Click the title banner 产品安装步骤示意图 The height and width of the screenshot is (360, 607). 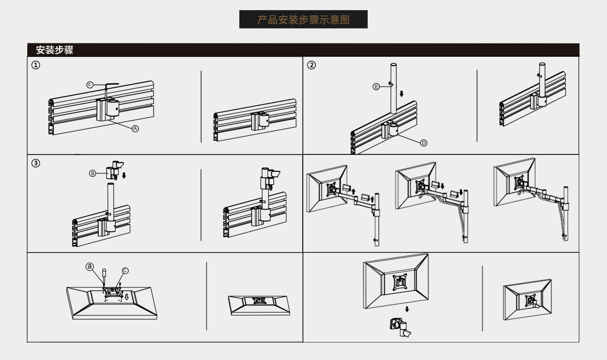303,20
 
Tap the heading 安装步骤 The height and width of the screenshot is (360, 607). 55,50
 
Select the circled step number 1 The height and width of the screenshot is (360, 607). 36,65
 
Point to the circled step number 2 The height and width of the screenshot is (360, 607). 311,65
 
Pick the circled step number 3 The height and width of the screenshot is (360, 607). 36,163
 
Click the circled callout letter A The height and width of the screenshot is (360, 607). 135,128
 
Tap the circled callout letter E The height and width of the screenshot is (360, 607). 376,87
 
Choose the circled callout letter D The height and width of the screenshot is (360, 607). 424,143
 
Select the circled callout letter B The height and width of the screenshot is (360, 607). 92,173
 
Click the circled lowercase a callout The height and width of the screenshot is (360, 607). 90,266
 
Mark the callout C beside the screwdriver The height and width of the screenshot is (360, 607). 125,271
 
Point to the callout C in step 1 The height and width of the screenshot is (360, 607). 90,85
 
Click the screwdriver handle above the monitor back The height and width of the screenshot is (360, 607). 104,272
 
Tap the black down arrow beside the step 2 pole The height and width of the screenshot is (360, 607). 401,94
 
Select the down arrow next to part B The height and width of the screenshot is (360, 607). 124,175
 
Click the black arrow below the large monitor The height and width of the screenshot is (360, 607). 407,309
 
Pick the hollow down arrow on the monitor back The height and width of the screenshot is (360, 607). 127,297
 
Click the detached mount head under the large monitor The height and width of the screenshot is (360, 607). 400,327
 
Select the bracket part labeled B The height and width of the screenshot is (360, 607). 115,170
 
